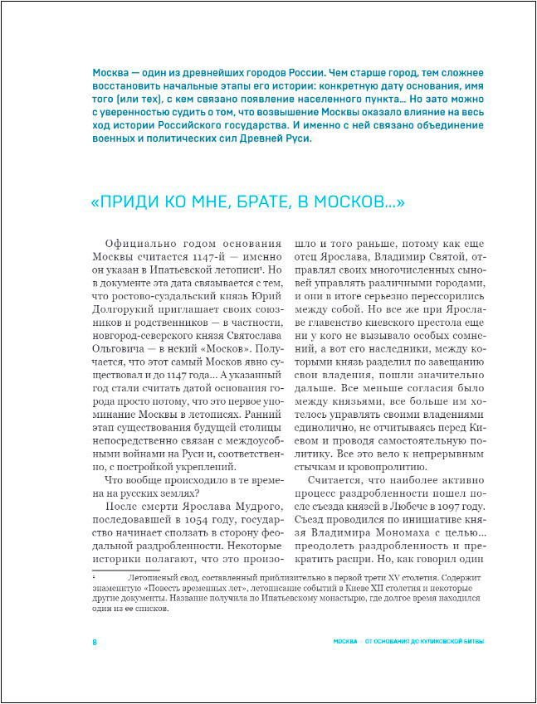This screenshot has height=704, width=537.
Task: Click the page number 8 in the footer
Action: [95, 643]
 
